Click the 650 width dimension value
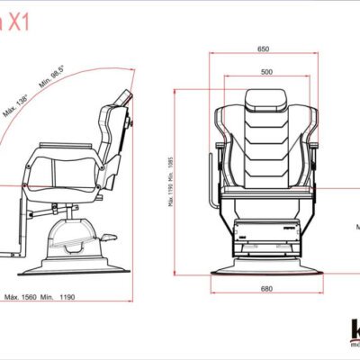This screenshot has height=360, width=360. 263,49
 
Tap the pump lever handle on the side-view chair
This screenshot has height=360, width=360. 111,238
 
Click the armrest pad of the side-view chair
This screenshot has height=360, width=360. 67,143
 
